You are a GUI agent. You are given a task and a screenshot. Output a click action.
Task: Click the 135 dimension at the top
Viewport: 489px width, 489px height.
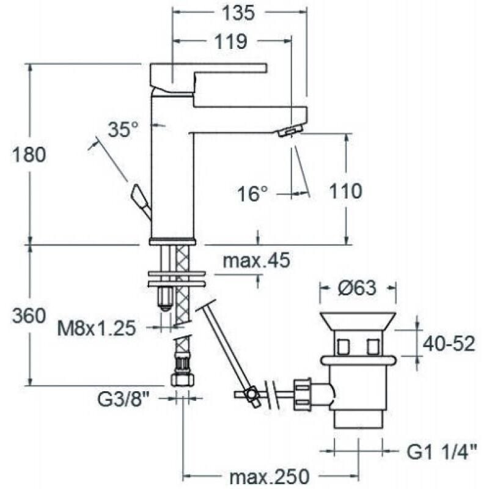coord(239,13)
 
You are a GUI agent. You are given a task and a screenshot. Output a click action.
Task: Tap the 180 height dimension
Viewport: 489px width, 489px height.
coord(29,155)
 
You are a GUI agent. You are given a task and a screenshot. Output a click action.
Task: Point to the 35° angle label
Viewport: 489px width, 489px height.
coord(123,129)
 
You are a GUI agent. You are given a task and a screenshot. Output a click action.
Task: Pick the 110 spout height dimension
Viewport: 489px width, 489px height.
coord(345,191)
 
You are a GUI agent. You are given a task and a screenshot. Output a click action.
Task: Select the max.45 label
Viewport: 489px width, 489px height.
coord(256,262)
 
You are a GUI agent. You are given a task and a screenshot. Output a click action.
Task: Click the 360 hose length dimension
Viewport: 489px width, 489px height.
coord(29,315)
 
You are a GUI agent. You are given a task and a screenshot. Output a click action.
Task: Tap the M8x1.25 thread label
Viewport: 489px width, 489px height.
coord(96,329)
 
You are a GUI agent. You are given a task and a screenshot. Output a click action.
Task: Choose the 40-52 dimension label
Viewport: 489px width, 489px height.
coord(450,344)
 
